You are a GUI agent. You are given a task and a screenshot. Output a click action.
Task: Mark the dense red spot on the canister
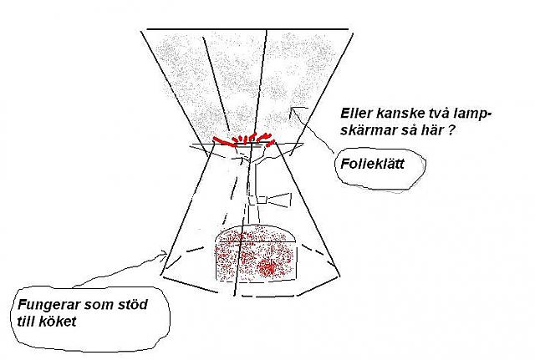click(x=270, y=267)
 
